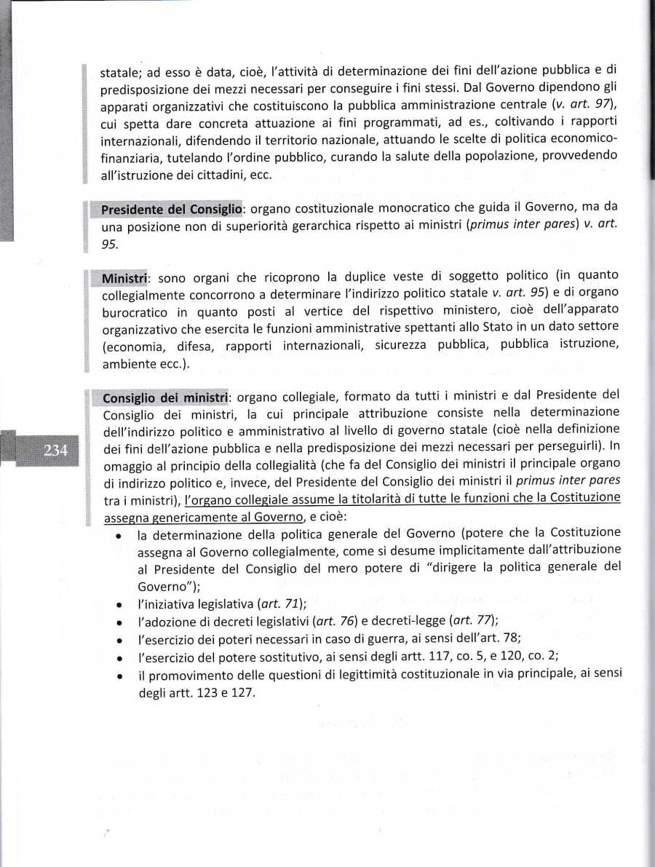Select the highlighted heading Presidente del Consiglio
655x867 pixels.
[171, 210]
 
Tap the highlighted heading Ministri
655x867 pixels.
[125, 278]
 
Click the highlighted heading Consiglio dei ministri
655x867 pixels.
[166, 398]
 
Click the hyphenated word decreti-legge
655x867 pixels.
[412, 620]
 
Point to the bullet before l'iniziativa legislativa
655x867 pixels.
[118, 604]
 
